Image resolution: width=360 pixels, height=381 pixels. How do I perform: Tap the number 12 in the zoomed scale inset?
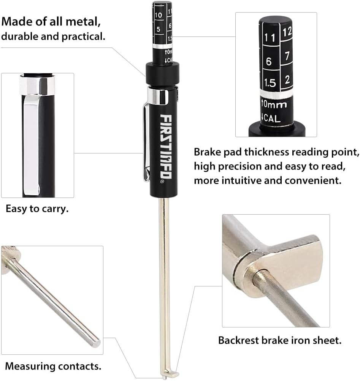[288, 32]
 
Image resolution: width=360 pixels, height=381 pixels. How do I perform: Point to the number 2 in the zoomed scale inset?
[288, 79]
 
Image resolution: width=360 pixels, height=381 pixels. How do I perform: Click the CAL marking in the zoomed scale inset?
[271, 119]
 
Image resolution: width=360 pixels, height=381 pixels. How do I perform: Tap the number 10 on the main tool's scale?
[159, 15]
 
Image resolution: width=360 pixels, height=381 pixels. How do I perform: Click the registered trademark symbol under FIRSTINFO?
[162, 182]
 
